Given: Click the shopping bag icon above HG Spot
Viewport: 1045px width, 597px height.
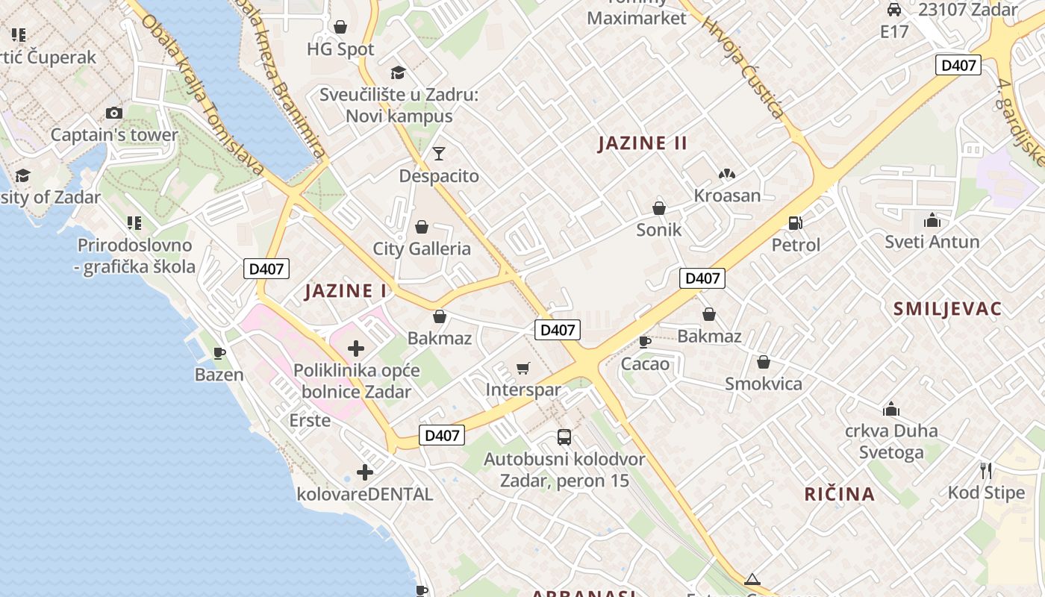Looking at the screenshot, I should tap(340, 27).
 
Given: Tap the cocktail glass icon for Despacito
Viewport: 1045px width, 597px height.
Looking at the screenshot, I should tap(439, 154).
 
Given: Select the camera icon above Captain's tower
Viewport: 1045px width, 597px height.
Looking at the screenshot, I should tap(113, 113).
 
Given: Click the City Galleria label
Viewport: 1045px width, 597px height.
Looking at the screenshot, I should tap(422, 249).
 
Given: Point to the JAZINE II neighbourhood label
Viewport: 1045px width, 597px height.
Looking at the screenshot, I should tap(642, 143).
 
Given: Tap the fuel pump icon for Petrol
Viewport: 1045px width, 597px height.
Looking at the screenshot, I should tap(796, 222).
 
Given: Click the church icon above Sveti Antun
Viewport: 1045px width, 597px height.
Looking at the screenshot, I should tap(932, 220).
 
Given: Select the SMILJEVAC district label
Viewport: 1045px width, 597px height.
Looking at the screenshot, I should tap(947, 309).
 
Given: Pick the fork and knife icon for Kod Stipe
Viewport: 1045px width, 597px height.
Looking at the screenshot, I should tap(986, 470).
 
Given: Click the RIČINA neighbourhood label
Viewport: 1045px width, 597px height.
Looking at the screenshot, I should tap(840, 493).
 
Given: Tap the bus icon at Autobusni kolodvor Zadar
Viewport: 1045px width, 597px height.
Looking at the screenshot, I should tap(564, 437).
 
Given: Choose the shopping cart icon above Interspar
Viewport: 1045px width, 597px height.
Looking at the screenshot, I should tap(523, 368).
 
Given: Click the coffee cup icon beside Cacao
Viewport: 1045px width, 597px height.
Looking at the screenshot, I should tap(645, 342).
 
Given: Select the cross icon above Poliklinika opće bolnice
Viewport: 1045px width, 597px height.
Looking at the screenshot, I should tap(356, 348).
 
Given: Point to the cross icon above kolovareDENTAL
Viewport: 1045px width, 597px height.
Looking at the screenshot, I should tap(365, 472).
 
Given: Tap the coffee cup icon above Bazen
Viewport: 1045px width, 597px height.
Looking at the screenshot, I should tap(219, 352).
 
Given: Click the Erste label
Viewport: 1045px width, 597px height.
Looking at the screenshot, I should tap(310, 420).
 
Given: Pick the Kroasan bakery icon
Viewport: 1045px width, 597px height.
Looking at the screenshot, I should tap(727, 174).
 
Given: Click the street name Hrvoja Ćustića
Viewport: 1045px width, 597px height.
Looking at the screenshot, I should tap(743, 68).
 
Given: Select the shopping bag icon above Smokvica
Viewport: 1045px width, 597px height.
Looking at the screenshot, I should tap(764, 363).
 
